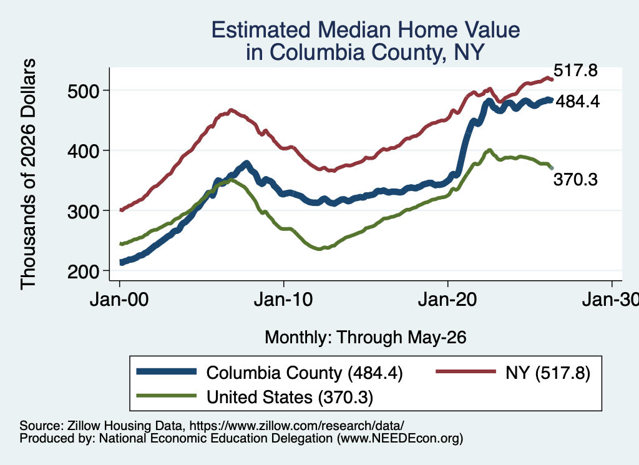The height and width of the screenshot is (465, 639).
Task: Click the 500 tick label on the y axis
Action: point(83,91)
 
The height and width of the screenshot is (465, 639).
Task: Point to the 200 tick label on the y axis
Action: point(83,272)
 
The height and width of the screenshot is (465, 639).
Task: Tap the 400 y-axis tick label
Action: point(83,151)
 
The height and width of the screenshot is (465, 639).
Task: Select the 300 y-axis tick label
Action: point(83,212)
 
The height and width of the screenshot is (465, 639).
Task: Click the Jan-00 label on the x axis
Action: point(119,300)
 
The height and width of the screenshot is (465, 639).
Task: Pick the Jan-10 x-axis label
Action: point(283,300)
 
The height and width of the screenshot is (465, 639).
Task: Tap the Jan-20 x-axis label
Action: point(447,300)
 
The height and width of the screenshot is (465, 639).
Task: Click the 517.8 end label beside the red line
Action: point(575,71)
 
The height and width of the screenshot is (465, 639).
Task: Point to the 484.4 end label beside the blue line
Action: point(577,102)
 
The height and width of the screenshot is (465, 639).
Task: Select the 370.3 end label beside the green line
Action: point(575,179)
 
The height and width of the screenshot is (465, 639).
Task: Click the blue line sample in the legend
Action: point(167,371)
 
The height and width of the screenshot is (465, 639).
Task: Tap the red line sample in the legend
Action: point(466,371)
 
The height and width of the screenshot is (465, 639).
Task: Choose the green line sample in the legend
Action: point(167,396)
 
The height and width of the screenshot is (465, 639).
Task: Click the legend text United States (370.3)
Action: point(290,397)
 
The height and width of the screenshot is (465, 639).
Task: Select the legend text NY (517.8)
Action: point(548,373)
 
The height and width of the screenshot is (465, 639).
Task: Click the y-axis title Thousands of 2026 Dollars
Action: point(28,174)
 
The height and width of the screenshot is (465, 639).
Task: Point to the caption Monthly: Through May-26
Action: point(366,338)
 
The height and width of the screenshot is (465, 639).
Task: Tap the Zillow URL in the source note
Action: point(296,426)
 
